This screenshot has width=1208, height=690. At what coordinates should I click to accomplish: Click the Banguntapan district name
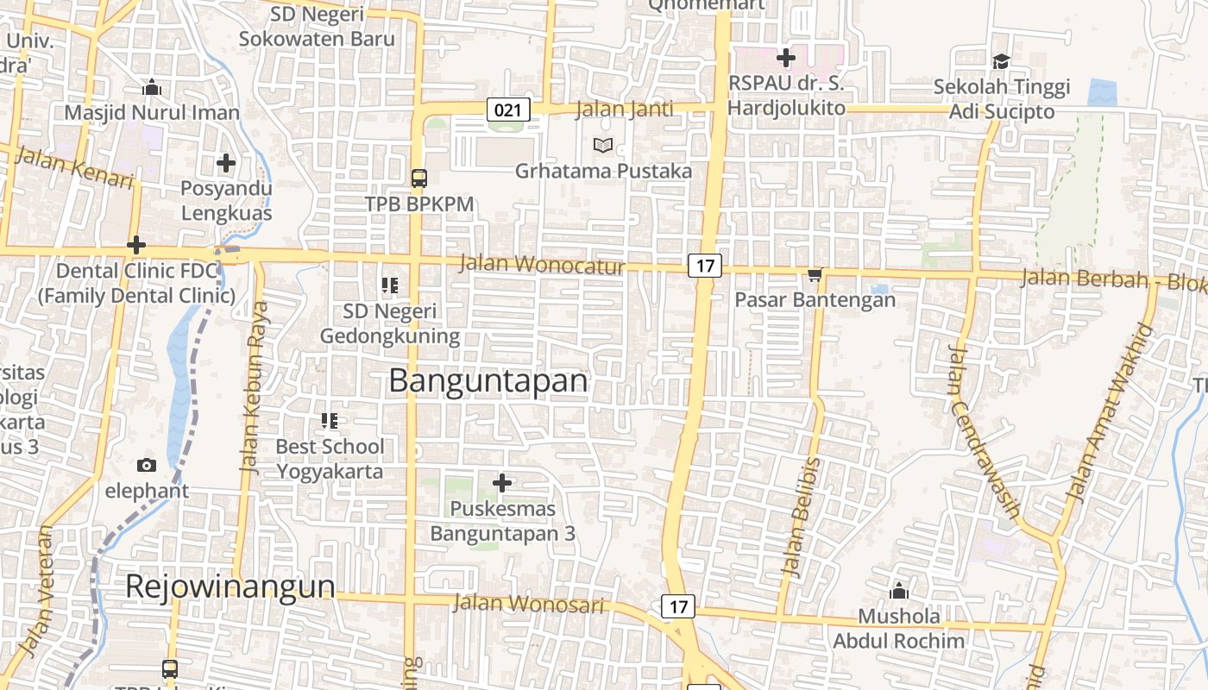click(x=488, y=380)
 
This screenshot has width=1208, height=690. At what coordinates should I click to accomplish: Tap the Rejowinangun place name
click(x=230, y=586)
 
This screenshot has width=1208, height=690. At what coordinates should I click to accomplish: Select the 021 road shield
click(x=508, y=110)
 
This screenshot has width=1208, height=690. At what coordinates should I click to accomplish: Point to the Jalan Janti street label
click(x=625, y=110)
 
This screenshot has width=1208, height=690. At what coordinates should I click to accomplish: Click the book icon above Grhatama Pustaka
click(x=603, y=146)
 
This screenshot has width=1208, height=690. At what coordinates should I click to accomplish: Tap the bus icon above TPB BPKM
click(x=419, y=179)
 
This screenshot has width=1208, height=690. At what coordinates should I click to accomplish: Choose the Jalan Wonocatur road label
click(x=542, y=264)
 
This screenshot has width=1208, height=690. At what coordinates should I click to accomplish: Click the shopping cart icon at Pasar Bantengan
click(x=815, y=275)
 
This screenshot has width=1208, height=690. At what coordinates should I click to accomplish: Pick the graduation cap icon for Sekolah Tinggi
click(x=1001, y=61)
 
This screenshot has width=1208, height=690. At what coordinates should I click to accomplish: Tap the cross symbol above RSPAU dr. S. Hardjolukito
click(x=785, y=58)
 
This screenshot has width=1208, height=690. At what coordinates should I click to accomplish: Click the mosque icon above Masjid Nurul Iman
click(x=152, y=87)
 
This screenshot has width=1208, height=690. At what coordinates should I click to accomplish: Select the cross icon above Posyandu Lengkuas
click(x=226, y=162)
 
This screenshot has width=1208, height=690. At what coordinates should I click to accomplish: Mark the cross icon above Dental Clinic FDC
click(x=136, y=245)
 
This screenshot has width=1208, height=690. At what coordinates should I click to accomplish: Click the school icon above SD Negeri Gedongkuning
click(x=390, y=285)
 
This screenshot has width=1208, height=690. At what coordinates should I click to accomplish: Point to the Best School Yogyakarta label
click(x=330, y=459)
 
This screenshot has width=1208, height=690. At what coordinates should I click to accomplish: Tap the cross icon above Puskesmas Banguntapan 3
click(x=502, y=483)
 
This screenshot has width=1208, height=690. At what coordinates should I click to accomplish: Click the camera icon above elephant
click(x=147, y=466)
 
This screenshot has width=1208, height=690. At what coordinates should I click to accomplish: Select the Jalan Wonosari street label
click(x=528, y=603)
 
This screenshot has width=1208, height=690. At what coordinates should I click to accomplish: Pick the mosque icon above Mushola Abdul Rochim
click(x=899, y=592)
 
